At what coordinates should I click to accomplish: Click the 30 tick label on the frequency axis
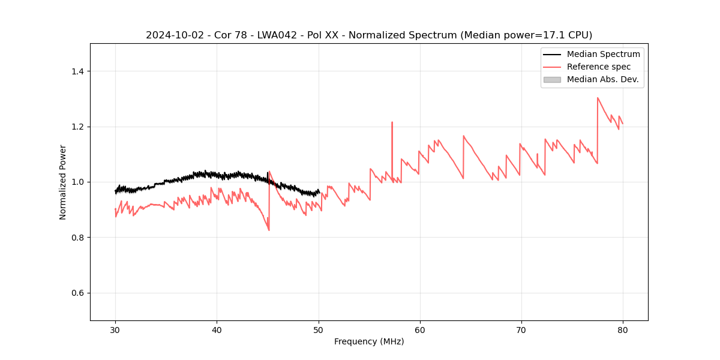115,329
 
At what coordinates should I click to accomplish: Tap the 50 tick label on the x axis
318,329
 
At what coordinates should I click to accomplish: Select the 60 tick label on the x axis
419,329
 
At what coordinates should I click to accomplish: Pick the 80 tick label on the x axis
622,329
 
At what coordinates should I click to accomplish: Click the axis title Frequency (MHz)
369,341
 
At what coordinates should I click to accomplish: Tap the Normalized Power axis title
63,182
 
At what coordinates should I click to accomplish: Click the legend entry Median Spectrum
603,54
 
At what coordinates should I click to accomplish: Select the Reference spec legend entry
598,67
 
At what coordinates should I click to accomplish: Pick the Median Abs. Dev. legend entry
602,79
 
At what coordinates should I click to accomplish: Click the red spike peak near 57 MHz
392,122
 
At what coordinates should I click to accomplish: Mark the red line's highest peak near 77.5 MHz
598,98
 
